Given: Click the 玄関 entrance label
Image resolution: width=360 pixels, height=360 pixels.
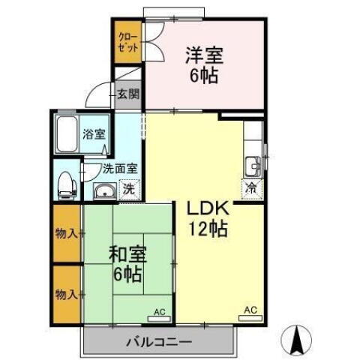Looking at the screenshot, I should point(128,94).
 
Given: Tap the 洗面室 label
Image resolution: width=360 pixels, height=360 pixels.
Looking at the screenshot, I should point(109,169).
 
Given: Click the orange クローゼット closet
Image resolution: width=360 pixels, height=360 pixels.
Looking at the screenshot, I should point(126,41).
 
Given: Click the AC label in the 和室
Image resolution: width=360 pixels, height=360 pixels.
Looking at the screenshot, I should point(159,310).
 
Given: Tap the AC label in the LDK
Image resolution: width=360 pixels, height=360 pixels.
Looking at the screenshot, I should point(250,310).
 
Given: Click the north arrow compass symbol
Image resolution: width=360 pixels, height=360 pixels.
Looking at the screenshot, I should point(298,341).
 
